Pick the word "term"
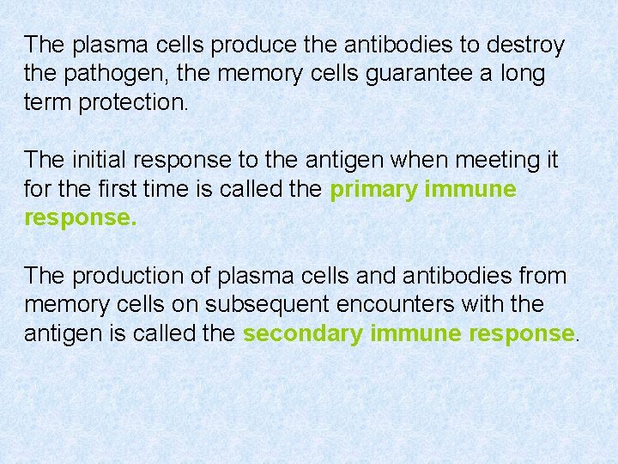(48, 103)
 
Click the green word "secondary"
(303, 334)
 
